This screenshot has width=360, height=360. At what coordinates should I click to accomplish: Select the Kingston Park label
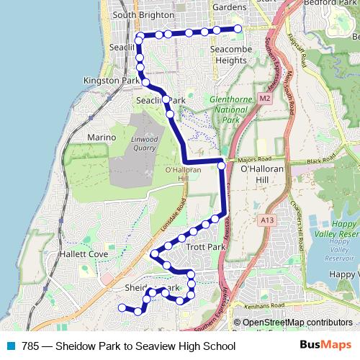point(111,81)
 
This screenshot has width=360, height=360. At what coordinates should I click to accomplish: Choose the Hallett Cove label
point(84,253)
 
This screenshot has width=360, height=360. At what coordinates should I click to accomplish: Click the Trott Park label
point(206,247)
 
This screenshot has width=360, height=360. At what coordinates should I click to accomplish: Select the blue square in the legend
point(11,346)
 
